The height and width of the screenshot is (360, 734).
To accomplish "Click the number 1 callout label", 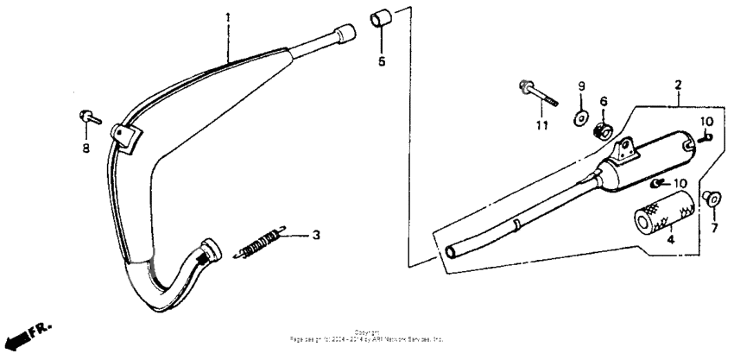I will pyautogui.click(x=228, y=17).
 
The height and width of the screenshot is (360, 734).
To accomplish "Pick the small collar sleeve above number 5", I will pyautogui.click(x=381, y=18).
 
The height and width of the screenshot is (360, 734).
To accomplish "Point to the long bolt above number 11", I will pyautogui.click(x=538, y=93).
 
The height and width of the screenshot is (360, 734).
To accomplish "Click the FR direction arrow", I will pyautogui.click(x=22, y=337).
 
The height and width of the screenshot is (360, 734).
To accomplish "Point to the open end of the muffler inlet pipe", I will pyautogui.click(x=452, y=252).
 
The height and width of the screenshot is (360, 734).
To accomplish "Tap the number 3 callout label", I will pyautogui.click(x=316, y=235).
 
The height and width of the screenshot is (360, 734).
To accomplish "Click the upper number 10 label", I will pyautogui.click(x=706, y=120).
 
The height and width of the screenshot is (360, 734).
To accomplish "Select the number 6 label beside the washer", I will pyautogui.click(x=604, y=102).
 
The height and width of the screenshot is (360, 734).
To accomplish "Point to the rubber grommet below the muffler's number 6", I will pyautogui.click(x=603, y=131).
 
